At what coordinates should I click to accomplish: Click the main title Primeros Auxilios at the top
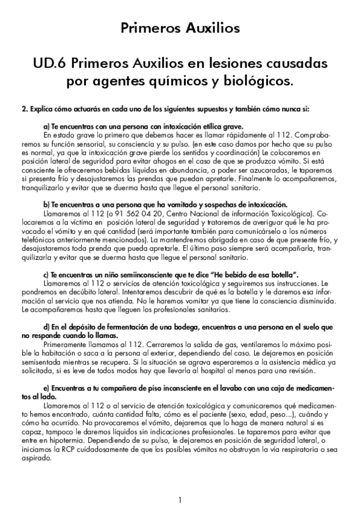click(x=180, y=28)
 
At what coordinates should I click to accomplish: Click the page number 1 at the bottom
click(x=180, y=500)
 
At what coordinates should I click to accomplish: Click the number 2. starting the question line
click(x=25, y=109)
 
